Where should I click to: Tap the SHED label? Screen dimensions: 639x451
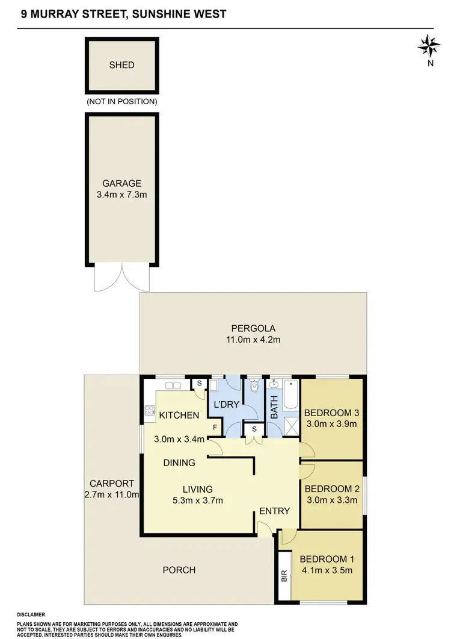click(x=122, y=65)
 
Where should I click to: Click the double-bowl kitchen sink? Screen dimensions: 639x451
click(x=173, y=385)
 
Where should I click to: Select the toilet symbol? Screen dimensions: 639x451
click(x=253, y=385)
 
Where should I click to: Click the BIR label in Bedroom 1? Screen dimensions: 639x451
click(x=284, y=576)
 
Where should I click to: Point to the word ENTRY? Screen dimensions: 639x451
click(x=275, y=511)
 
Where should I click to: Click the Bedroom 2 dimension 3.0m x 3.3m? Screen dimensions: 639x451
click(x=331, y=499)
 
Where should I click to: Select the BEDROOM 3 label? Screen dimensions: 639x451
click(x=331, y=413)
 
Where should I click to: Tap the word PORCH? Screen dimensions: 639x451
click(x=179, y=570)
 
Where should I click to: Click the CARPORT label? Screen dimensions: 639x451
click(x=112, y=484)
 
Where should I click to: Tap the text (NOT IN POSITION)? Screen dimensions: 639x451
click(x=122, y=102)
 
